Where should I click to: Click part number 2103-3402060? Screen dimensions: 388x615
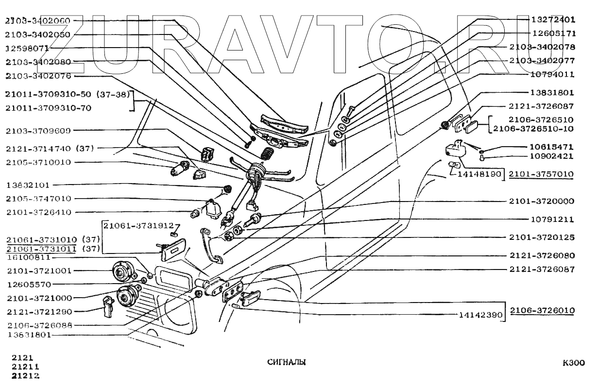(x=38, y=21)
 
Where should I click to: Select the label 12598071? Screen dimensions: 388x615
(x=27, y=49)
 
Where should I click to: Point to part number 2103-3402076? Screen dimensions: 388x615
(x=38, y=76)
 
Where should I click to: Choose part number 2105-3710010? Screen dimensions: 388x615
(x=38, y=162)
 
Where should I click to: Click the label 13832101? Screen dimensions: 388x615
(x=28, y=186)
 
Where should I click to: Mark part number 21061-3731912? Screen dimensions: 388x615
(x=138, y=226)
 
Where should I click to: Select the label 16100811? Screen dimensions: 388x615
(x=28, y=257)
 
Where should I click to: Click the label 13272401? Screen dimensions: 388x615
(x=553, y=20)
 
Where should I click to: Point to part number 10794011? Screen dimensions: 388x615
(x=553, y=75)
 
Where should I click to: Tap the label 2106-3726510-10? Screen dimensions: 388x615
(x=533, y=129)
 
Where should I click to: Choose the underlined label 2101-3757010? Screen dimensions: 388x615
(x=541, y=174)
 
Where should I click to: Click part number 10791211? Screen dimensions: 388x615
(x=553, y=219)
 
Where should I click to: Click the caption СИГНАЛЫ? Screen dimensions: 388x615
(x=287, y=362)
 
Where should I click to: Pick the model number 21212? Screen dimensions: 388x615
(x=25, y=376)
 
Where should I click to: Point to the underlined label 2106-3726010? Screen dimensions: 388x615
(x=541, y=310)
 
